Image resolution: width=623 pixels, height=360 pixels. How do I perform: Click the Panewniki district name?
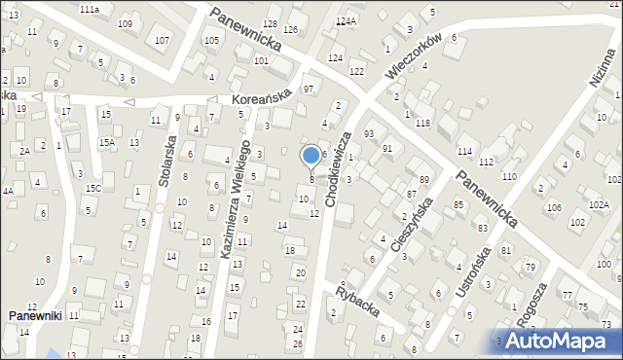coord(35,316)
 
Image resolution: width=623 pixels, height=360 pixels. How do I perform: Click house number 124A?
coord(346,20)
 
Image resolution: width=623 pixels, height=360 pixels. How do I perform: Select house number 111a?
coord(90,9)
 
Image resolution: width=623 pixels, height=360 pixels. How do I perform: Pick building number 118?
coord(422,124)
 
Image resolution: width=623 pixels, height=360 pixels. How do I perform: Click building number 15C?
coord(92,188)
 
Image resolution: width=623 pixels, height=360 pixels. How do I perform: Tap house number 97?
coord(308,90)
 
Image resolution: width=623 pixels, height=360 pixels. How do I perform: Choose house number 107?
coord(162,40)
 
